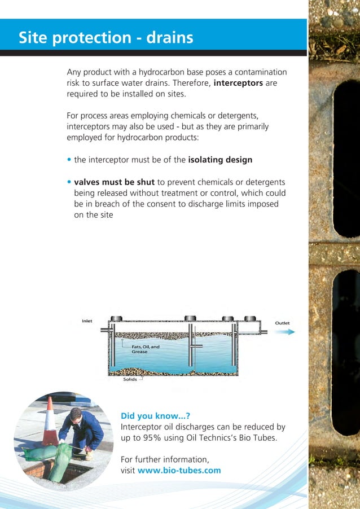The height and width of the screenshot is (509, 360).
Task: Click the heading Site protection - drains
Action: coord(106,38)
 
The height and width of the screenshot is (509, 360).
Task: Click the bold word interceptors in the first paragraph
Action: coord(238,83)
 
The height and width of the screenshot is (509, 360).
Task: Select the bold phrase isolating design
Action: coord(220,160)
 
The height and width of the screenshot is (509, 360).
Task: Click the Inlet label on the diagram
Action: coord(87,321)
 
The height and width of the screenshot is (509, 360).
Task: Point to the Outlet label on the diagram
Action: coord(282,323)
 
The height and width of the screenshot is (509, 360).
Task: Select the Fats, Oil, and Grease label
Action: coord(146,349)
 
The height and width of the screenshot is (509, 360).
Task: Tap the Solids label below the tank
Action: coord(130,380)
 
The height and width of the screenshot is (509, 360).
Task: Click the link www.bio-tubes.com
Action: coord(179,470)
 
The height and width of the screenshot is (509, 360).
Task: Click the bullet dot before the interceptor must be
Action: coord(69,160)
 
